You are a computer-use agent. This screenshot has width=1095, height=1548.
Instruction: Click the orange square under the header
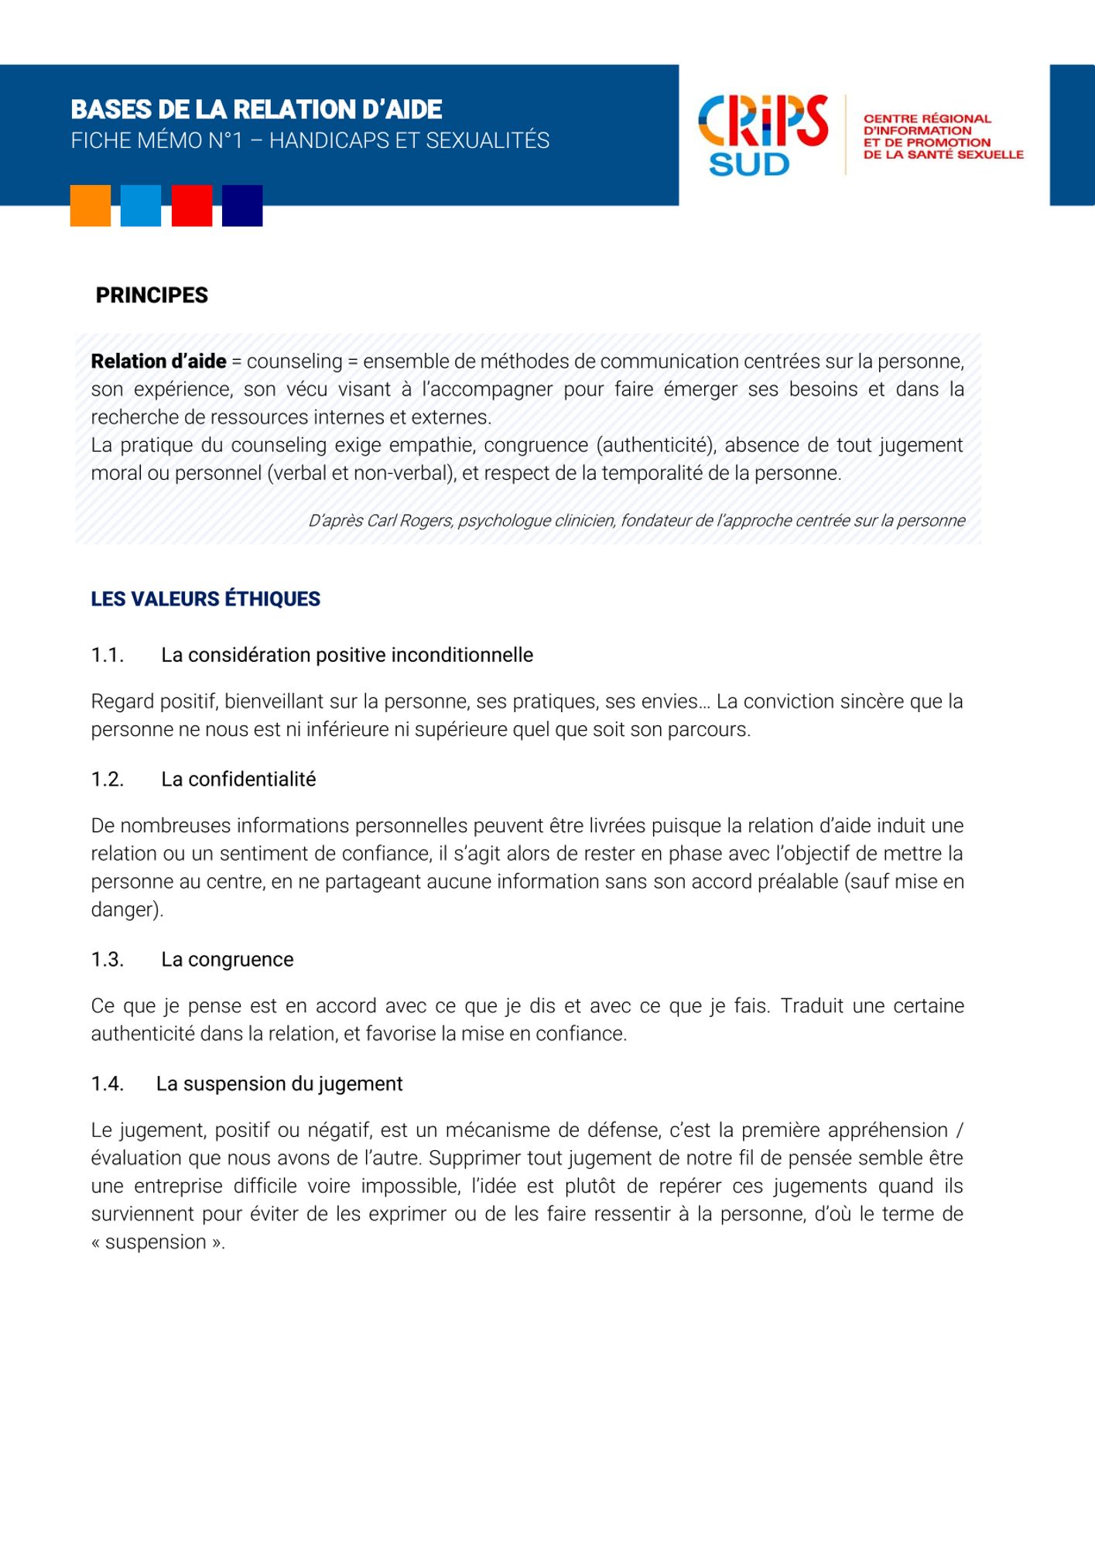[x=91, y=206]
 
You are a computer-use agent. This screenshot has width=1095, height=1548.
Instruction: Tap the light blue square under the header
[x=141, y=206]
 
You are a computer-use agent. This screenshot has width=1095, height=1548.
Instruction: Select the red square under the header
[x=192, y=206]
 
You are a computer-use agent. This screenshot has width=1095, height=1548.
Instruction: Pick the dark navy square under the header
[x=242, y=206]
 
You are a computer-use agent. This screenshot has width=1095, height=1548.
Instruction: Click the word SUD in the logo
[x=749, y=165]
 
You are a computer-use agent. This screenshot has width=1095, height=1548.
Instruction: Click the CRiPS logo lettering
[x=763, y=122]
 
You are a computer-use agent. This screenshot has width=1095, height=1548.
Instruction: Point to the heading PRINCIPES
[x=152, y=296]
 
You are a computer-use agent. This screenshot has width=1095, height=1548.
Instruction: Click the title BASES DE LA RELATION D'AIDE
[x=256, y=110]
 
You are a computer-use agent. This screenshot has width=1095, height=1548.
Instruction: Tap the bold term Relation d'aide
[x=159, y=361]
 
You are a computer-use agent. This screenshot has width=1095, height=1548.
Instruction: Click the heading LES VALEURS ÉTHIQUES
[x=205, y=599]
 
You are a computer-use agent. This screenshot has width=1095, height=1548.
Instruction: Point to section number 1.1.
[x=108, y=656]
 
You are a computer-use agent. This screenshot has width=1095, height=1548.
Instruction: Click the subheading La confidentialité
[x=238, y=779]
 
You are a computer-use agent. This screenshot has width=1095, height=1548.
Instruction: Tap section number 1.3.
[x=108, y=960]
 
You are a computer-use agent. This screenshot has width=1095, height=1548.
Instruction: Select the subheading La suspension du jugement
[x=279, y=1084]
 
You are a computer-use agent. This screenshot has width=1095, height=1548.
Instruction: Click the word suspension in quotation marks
[x=156, y=1242]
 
